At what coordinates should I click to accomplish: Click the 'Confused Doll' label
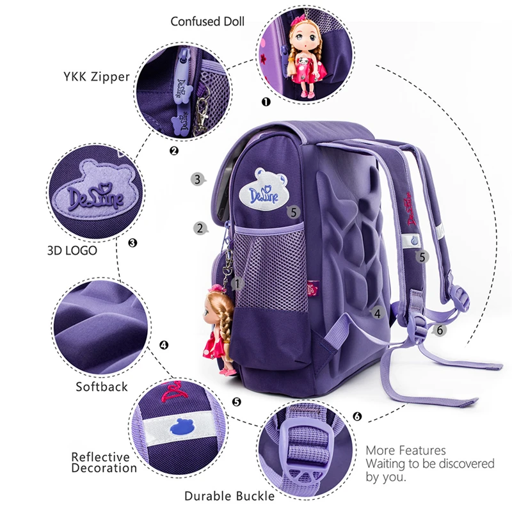[x=207, y=22]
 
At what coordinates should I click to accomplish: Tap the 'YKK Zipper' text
[x=97, y=77]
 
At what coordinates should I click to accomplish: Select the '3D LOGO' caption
[x=72, y=250]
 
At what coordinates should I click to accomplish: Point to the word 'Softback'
[x=102, y=387]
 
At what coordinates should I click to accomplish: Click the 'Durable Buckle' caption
[x=230, y=496]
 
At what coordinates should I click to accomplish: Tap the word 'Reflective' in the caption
[x=100, y=457]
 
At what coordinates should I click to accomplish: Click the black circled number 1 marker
[x=266, y=102]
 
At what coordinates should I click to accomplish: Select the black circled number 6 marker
[x=357, y=417]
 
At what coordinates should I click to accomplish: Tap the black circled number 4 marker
[x=164, y=345]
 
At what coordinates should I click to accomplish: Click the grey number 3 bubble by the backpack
[x=198, y=179]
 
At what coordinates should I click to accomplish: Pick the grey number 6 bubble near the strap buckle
[x=439, y=330]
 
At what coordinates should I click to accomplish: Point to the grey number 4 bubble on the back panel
[x=377, y=314]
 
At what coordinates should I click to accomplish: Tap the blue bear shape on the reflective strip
[x=181, y=427]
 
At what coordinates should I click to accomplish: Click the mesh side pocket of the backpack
[x=269, y=268]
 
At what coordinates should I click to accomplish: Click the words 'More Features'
[x=406, y=451]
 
